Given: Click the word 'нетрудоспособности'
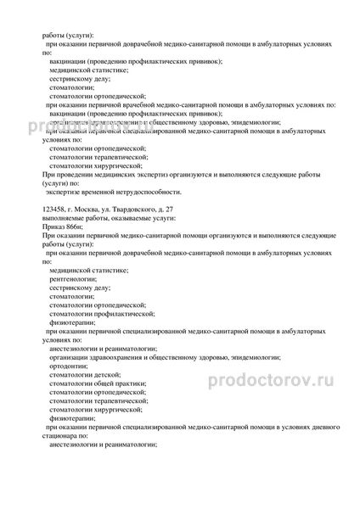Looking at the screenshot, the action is pos(135,193).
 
